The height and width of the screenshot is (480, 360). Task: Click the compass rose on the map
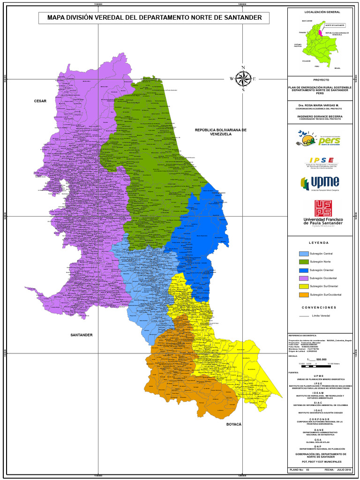243,79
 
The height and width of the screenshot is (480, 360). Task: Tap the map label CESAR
40,101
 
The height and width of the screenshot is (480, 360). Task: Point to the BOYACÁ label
233,424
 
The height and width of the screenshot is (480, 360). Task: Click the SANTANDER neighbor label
82,335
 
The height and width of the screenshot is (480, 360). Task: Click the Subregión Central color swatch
304,254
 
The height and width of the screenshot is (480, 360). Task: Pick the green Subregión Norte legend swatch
304,262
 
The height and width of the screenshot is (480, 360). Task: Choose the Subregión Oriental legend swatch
304,270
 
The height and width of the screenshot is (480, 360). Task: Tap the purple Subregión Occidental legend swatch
304,278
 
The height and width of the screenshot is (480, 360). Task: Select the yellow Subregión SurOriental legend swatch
304,286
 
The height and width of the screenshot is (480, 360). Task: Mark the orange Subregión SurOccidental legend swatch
304,294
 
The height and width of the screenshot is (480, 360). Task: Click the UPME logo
320,183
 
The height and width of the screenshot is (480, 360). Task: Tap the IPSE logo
321,162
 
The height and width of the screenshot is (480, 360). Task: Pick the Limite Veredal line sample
304,316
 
